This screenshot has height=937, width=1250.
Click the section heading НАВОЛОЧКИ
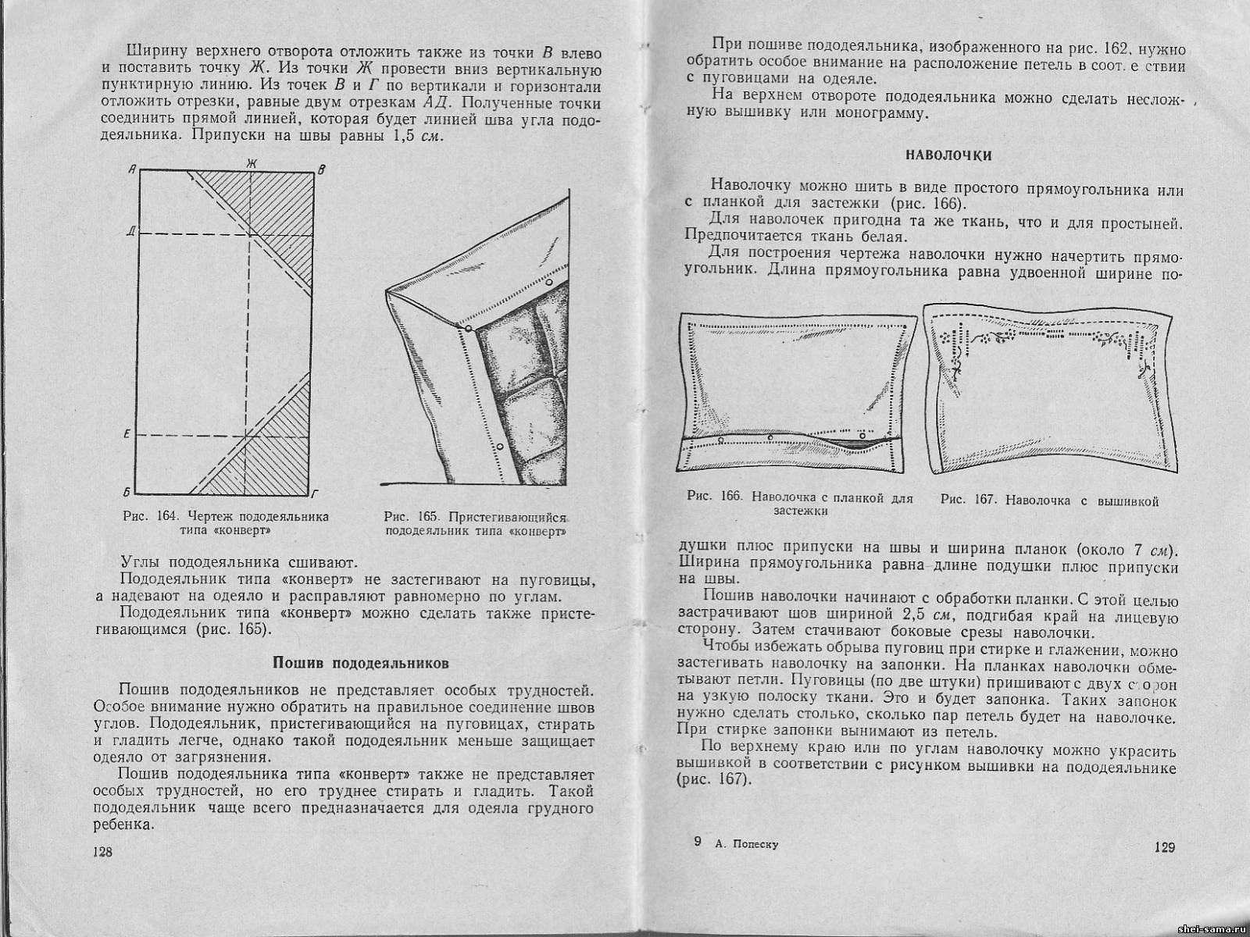click(x=948, y=155)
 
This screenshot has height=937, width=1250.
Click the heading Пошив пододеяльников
click(x=360, y=664)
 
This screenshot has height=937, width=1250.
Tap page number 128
click(x=102, y=851)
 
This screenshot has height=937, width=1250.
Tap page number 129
click(x=1163, y=847)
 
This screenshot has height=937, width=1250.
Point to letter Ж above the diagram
click(x=251, y=162)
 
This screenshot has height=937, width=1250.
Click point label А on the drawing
click(x=134, y=169)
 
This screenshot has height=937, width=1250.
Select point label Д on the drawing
click(x=134, y=233)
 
